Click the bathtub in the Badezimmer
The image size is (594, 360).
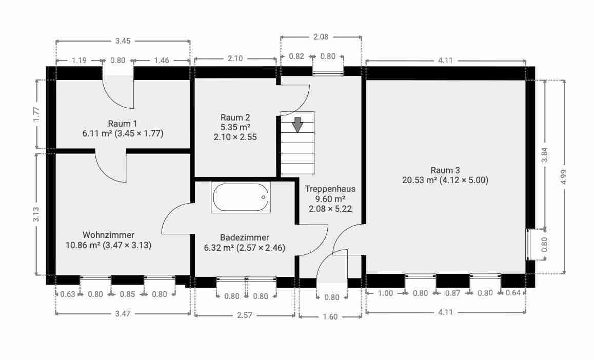point(241,197)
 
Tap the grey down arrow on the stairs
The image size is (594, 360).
point(298,125)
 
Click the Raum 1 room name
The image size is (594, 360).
point(123,124)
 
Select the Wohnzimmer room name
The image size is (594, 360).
point(108,235)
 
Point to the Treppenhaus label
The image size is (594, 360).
point(330,189)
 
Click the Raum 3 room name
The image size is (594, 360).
point(445,170)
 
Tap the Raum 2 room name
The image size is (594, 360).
point(235,117)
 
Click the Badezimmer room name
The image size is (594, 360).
point(244,237)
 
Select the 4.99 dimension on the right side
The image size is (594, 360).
point(564,177)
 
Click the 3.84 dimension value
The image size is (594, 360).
point(545,154)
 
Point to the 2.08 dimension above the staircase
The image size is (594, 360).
point(321,37)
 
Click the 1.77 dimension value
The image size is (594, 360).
point(36,115)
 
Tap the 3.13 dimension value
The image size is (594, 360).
point(36,214)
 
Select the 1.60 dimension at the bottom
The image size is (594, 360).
point(330,316)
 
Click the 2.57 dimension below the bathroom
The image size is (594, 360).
point(244,315)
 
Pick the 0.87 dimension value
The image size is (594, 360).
point(453,293)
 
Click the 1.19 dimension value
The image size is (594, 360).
point(79,60)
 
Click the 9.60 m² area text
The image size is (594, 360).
point(330,198)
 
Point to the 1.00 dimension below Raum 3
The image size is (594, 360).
point(385,293)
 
